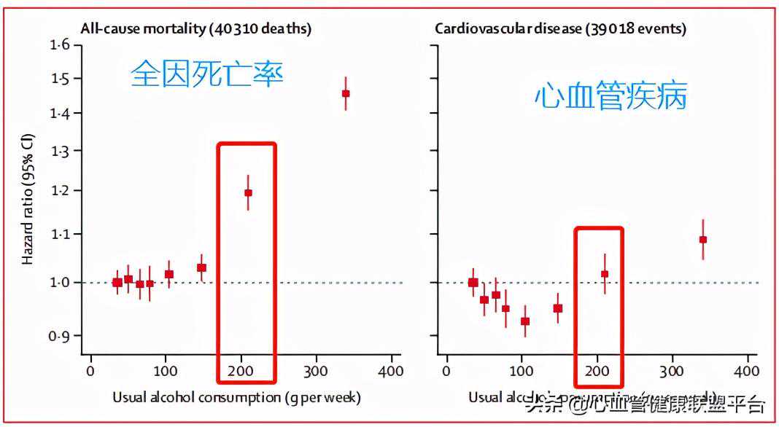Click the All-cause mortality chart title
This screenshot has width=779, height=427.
coord(195,29)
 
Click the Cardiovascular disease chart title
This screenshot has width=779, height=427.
coord(560,29)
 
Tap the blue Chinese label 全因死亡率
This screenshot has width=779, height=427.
coord(206,74)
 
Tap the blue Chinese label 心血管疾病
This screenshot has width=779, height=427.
coord(611,96)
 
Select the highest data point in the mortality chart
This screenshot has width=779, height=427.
coord(346,93)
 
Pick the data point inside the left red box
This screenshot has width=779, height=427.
coord(248,193)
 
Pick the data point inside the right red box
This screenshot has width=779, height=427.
coord(605,274)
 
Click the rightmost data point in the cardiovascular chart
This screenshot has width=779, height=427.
coord(703,240)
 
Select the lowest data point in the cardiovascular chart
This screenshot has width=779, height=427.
coord(525,321)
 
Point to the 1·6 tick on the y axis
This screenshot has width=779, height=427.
coord(60,45)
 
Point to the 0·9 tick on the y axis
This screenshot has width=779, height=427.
coord(60,336)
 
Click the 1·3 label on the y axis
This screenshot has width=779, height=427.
coord(60,151)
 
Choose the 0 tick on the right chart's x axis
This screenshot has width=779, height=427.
coord(446,370)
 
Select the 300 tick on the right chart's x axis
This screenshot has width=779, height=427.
coord(672,370)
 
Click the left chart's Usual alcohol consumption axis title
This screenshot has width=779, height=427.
coord(236,398)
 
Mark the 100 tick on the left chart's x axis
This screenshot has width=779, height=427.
coord(166,370)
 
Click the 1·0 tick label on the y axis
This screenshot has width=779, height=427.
coord(60,282)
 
